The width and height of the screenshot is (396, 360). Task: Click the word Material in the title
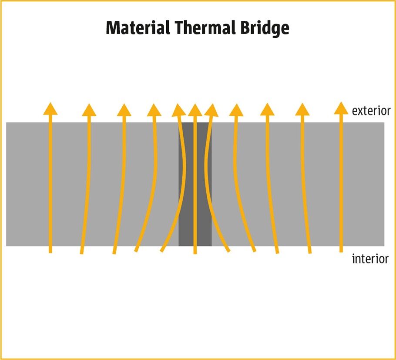[138, 28]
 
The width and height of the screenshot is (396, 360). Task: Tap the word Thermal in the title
[201, 28]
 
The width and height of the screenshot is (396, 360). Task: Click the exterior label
[371, 111]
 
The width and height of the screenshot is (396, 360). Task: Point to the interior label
[370, 259]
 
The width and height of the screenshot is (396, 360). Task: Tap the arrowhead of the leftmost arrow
[50, 108]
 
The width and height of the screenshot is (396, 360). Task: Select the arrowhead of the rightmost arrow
[341, 108]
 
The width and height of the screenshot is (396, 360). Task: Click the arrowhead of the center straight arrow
[195, 110]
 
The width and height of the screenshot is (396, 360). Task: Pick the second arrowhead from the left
[89, 110]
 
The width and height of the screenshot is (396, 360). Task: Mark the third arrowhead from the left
[124, 110]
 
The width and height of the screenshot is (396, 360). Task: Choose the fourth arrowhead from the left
[154, 110]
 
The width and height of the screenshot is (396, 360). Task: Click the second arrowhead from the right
[302, 110]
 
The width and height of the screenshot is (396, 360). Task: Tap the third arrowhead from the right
[267, 110]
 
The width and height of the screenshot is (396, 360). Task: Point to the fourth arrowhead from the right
[236, 110]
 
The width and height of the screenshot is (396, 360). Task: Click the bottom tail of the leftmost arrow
[50, 250]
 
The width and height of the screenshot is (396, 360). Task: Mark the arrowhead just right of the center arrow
[211, 110]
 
